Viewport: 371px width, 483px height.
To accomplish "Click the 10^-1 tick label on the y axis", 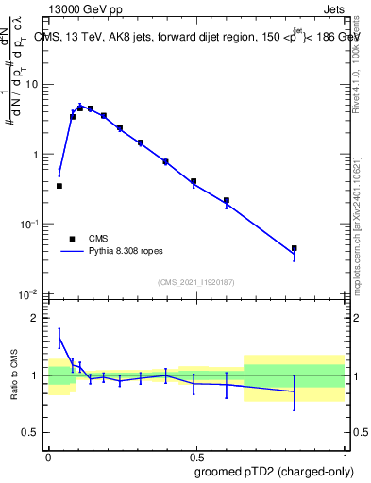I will pos(30,224).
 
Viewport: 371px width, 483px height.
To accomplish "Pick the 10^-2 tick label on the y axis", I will pos(30,293).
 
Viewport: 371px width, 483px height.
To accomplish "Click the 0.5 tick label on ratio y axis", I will pos(33,434).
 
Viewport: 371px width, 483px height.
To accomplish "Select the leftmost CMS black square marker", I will pos(59,186).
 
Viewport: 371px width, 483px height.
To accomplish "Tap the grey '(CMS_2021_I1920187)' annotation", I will pos(196,282).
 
